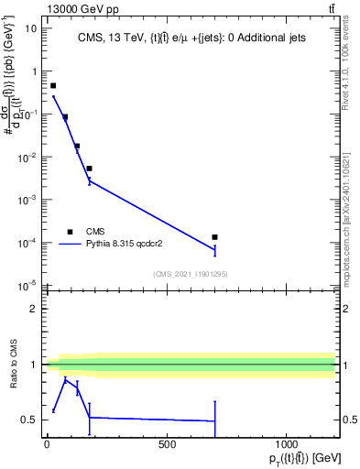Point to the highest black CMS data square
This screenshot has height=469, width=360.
coord(53,85)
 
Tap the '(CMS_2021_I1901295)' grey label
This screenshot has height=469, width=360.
coord(191,274)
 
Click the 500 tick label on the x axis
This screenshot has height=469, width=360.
coord(167,444)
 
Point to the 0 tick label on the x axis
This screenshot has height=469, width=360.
coord(47,444)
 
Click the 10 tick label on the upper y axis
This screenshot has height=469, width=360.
coord(31,28)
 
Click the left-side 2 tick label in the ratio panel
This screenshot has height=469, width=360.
coord(35,310)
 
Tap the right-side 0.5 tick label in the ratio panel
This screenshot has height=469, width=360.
coord(349,420)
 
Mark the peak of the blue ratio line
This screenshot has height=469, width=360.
coord(64,378)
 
